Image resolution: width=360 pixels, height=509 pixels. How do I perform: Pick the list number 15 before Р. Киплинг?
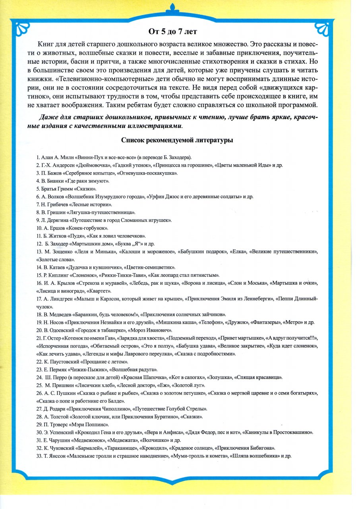click(x=39, y=275)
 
